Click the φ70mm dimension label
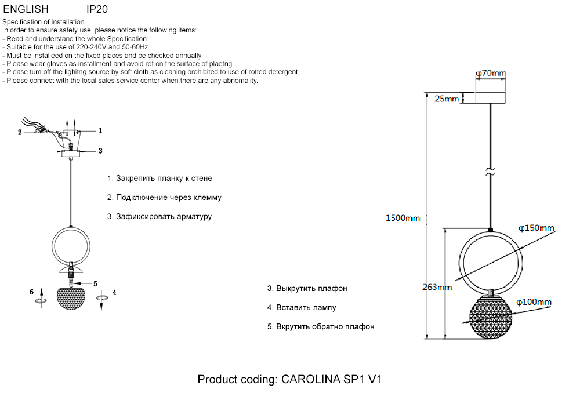pos(490,74)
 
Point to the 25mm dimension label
pos(447,99)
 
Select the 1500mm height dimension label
pos(403,218)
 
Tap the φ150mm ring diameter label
pos(536,228)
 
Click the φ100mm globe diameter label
pos(533,302)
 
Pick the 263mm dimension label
pos(437,288)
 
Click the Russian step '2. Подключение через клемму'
pos(164,198)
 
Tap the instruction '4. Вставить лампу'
pos(301,308)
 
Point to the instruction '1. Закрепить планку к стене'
pos(159,179)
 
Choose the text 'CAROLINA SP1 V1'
pos(332,380)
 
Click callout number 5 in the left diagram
pos(95,283)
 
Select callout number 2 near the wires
pos(20,132)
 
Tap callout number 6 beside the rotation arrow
pos(32,292)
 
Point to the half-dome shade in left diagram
pos(71,297)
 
